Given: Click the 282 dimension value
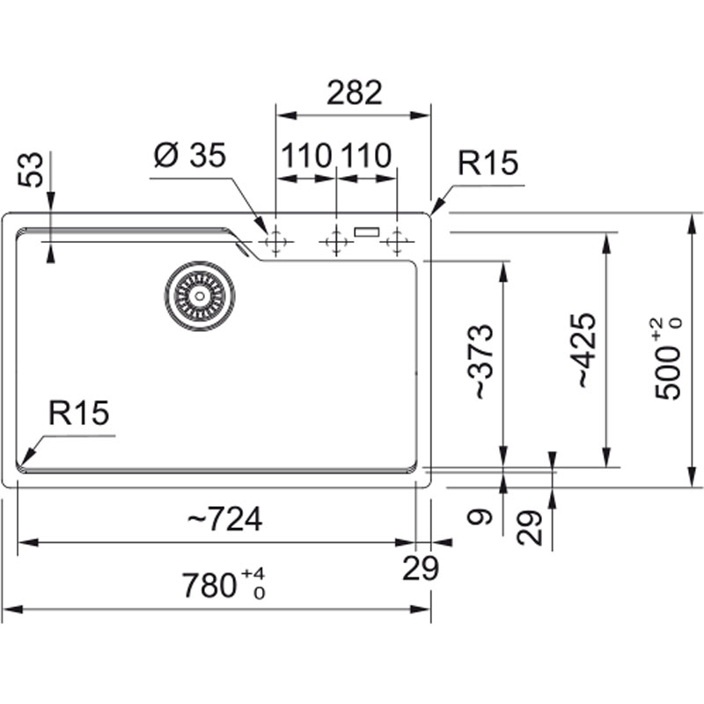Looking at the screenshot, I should pyautogui.click(x=355, y=92).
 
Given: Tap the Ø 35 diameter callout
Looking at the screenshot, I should pyautogui.click(x=190, y=156).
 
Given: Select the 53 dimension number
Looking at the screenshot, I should pyautogui.click(x=32, y=171).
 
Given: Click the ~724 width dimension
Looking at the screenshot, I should pyautogui.click(x=224, y=520).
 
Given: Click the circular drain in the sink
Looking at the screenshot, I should pyautogui.click(x=199, y=296).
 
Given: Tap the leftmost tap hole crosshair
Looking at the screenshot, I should pyautogui.click(x=276, y=239).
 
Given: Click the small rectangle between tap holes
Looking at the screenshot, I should pyautogui.click(x=366, y=232).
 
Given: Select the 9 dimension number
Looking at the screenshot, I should pyautogui.click(x=478, y=517).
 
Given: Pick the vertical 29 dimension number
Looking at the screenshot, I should pyautogui.click(x=530, y=528).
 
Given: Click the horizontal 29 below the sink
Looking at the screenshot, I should pyautogui.click(x=421, y=569).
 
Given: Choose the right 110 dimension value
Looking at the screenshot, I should pyautogui.click(x=366, y=157).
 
